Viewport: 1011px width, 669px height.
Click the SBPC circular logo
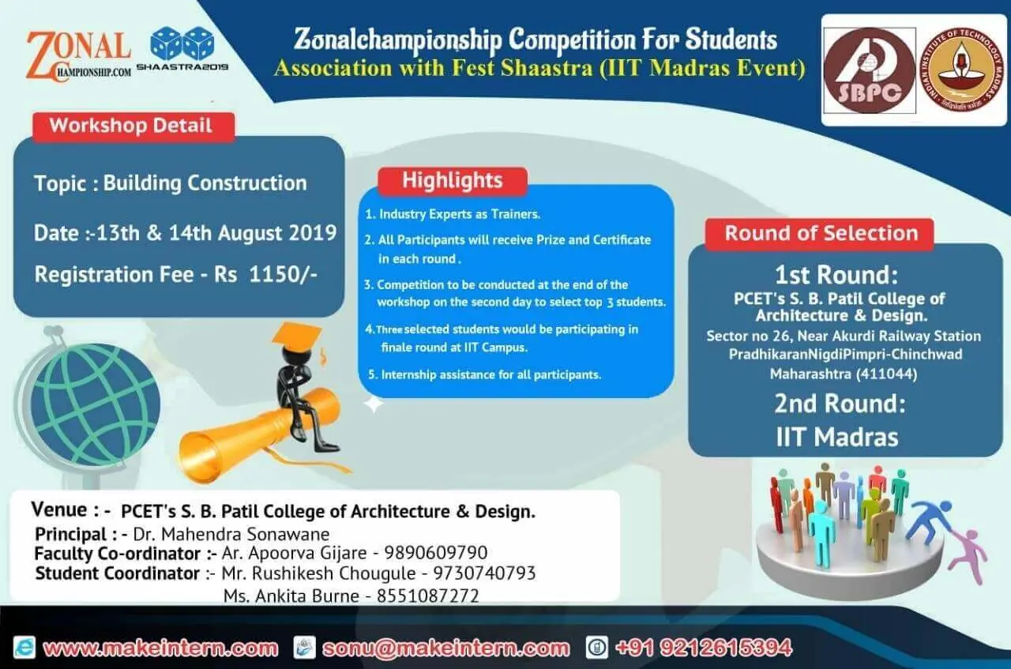click(870, 70)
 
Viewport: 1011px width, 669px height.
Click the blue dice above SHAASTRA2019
click(182, 43)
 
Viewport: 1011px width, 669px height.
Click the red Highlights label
click(453, 181)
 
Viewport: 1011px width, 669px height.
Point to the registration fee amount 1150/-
click(283, 274)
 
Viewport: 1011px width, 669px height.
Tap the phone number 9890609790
click(436, 553)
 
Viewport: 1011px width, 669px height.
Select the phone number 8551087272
click(428, 596)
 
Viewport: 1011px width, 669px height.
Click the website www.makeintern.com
click(160, 648)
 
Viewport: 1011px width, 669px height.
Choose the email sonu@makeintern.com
click(446, 648)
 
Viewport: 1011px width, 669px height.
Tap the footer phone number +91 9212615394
click(704, 648)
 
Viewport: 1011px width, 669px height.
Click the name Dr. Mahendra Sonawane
click(231, 535)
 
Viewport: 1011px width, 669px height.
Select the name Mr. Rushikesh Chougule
click(318, 573)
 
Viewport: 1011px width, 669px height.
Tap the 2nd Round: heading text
click(840, 404)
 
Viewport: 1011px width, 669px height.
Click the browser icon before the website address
click(24, 648)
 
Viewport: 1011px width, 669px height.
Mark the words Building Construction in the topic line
click(205, 183)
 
